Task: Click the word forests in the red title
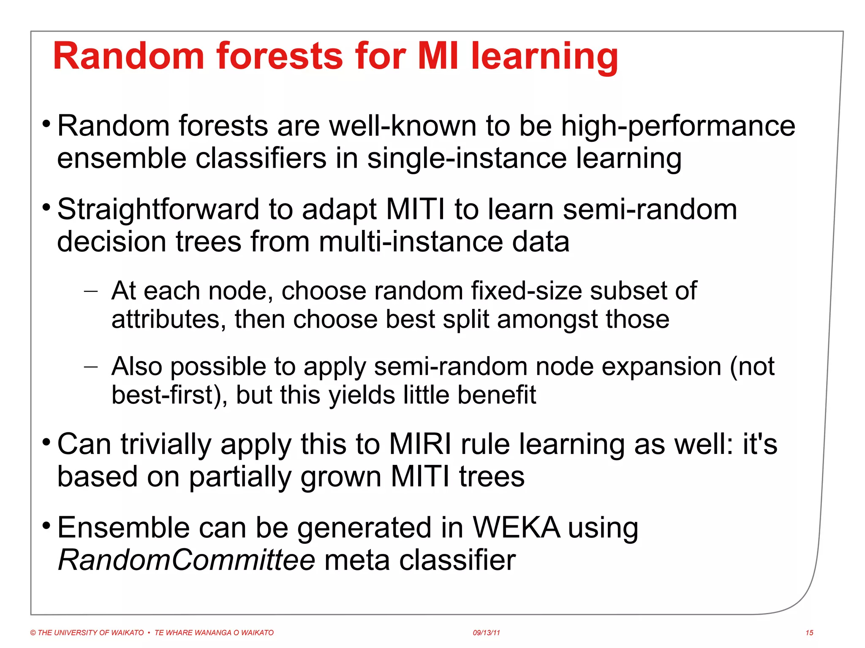click(279, 57)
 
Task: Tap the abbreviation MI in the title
click(438, 57)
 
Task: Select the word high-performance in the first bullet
click(677, 126)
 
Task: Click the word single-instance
click(467, 159)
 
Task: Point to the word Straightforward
click(158, 210)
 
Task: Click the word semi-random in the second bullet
click(650, 210)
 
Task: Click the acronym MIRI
click(420, 444)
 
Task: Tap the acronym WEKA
click(516, 528)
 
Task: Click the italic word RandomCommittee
click(186, 560)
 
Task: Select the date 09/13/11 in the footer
click(486, 633)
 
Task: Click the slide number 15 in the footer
click(809, 633)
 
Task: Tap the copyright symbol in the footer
click(33, 633)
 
